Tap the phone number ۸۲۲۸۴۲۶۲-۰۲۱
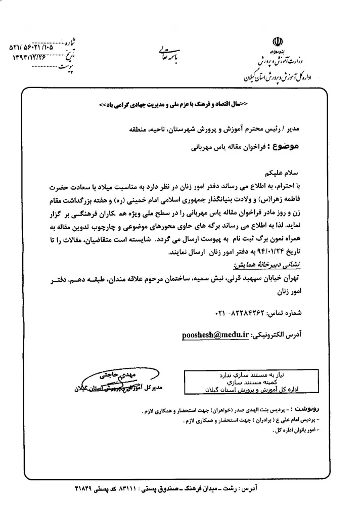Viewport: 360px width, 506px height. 241,313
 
